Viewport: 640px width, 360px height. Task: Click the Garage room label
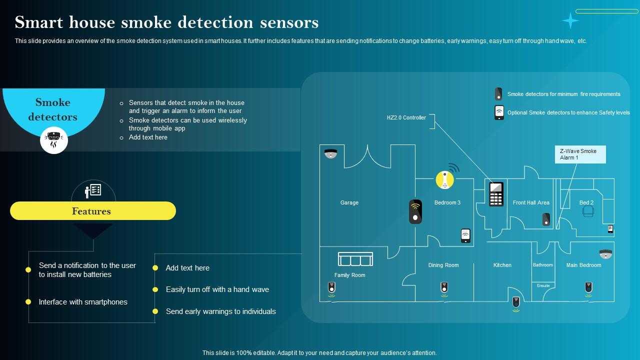[349, 202]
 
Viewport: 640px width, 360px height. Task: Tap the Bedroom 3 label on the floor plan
[447, 202]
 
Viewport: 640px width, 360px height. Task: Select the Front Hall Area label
[531, 202]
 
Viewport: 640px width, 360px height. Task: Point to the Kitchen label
[502, 265]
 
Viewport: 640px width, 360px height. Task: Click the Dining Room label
[443, 265]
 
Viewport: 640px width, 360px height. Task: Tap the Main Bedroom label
[583, 265]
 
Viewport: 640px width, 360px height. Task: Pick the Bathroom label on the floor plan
[542, 265]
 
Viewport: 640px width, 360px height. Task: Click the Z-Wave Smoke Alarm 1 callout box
[580, 154]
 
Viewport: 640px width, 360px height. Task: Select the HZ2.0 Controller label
[406, 117]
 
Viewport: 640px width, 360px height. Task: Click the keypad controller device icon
[496, 194]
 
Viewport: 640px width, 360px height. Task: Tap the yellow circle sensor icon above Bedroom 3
[444, 180]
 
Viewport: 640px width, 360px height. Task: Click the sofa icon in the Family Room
[355, 259]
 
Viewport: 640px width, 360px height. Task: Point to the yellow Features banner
[93, 211]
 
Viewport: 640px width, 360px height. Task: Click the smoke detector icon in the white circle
[54, 139]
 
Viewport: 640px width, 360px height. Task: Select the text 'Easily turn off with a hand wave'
[217, 289]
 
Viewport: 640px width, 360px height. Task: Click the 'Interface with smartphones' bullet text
[83, 302]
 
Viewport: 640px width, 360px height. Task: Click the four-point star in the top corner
[570, 20]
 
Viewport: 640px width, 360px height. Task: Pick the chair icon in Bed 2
[588, 211]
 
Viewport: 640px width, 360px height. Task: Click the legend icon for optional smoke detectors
[499, 112]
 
